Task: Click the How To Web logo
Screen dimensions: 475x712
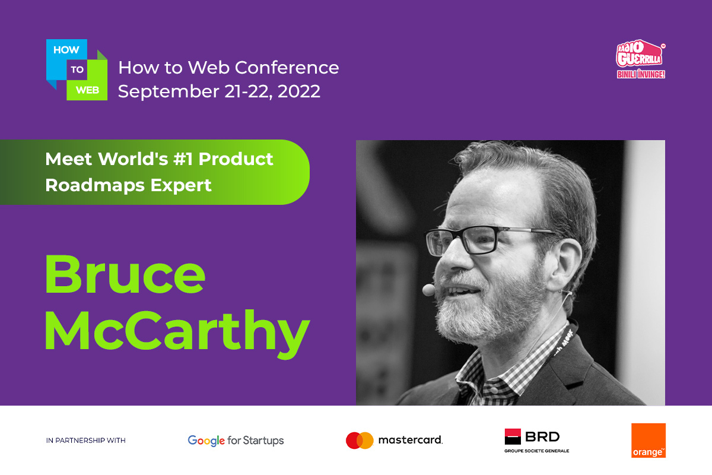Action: pos(77,69)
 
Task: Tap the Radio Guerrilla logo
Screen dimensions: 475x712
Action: pos(640,59)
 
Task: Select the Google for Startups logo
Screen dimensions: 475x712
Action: pos(236,441)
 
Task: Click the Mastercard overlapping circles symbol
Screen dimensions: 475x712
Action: pos(360,441)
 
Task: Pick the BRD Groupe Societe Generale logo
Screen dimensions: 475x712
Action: pos(536,441)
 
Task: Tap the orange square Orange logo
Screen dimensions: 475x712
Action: pos(648,441)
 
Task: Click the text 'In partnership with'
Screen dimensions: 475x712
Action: pos(86,441)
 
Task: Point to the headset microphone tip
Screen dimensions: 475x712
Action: pos(428,290)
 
